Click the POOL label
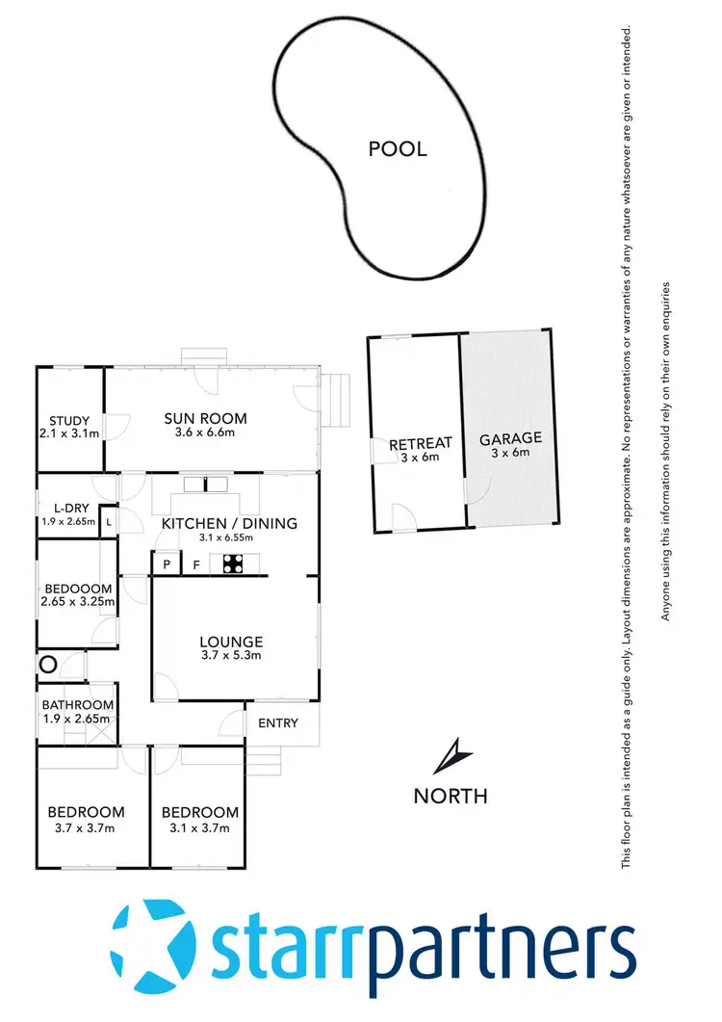pos(398,149)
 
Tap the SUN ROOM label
pos(205,418)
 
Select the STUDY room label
pos(69,421)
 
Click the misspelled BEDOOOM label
pos(78,589)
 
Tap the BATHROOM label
pos(77,705)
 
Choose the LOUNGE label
pos(231,642)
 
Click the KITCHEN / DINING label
pos(229,523)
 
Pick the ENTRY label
pos(278,723)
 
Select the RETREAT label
pos(420,443)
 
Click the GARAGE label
pos(510,438)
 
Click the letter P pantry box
pos(167,565)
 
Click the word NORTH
pos(450,796)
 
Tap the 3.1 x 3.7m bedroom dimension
pos(199,827)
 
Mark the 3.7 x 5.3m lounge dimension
pos(231,656)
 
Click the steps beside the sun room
pos(336,400)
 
